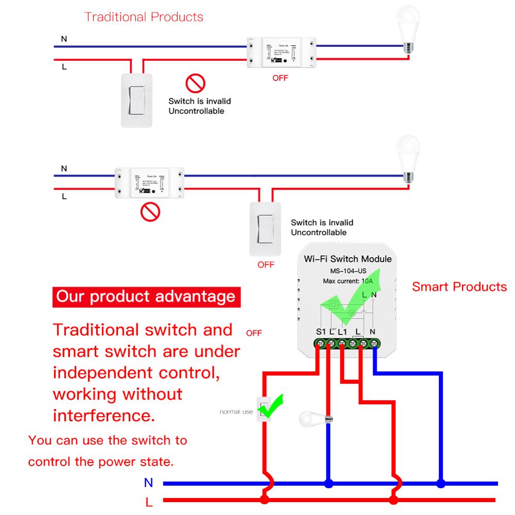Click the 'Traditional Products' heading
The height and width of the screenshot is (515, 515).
tap(144, 17)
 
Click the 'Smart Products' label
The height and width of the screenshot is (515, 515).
tap(459, 287)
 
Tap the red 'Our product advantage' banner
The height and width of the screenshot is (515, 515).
tap(146, 296)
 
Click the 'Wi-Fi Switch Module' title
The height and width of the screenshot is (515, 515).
tap(348, 259)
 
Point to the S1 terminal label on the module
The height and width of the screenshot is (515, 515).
tap(321, 332)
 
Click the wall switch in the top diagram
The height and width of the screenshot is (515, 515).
tap(136, 100)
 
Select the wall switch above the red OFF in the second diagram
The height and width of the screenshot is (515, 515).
tap(265, 229)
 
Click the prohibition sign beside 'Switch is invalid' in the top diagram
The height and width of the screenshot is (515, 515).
tap(195, 83)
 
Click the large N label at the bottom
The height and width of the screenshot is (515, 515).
tap(149, 483)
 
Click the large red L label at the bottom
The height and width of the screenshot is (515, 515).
tap(149, 501)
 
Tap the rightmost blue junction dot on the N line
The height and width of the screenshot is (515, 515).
tap(440, 484)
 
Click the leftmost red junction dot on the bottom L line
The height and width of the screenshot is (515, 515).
tap(265, 500)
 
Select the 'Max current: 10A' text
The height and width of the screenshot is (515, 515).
tap(348, 281)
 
